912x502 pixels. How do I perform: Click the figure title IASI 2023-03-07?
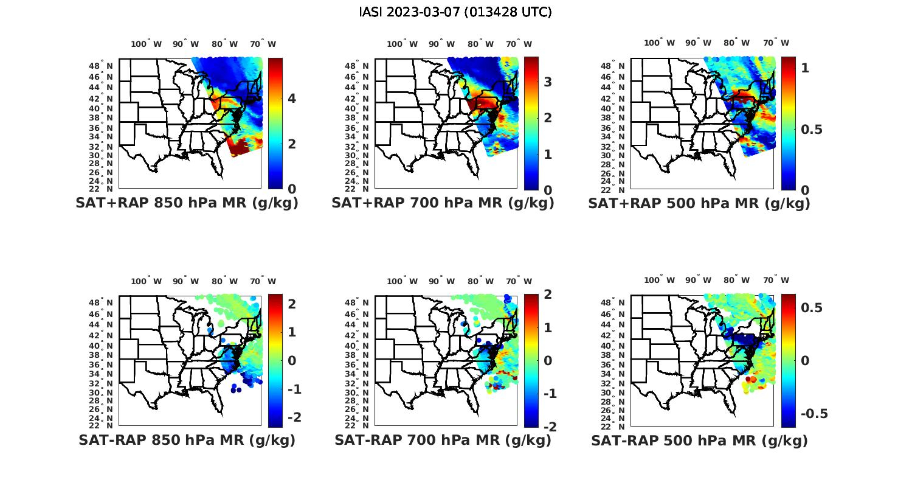point(455,12)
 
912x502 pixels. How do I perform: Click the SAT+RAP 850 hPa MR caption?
point(187,203)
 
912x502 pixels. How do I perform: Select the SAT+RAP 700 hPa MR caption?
point(443,203)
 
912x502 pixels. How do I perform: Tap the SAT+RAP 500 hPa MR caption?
point(699,203)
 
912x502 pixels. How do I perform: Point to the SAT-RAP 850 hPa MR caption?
point(187,440)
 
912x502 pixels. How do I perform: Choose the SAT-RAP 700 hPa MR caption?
point(443,440)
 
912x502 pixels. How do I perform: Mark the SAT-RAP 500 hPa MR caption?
point(699,440)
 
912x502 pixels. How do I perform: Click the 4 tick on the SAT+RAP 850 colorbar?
point(292,99)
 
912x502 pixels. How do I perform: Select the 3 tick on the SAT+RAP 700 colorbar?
point(548,82)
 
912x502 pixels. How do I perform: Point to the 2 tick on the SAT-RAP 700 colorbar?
point(548,295)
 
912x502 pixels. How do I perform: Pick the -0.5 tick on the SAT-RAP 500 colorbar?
point(814,414)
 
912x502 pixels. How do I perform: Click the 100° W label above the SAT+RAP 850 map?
point(147,44)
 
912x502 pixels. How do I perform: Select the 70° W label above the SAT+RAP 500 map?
point(776,43)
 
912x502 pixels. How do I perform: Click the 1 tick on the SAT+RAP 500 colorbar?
point(805,68)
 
